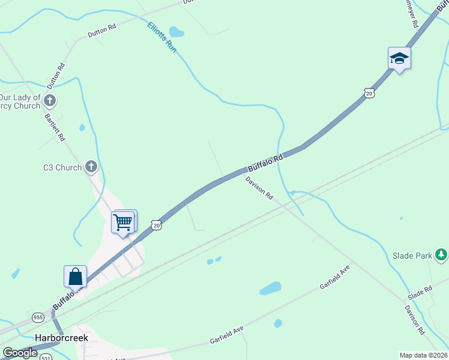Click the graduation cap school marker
(x=399, y=59)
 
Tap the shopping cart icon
(x=123, y=222)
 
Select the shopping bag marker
(x=75, y=277)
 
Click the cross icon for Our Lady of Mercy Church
(x=50, y=100)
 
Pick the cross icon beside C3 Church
(x=91, y=167)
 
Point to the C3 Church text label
(x=62, y=167)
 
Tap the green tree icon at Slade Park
(x=441, y=255)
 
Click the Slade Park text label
(x=412, y=256)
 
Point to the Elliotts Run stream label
(x=162, y=37)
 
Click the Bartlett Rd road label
(x=55, y=127)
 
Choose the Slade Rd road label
(x=420, y=293)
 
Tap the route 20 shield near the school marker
(x=369, y=93)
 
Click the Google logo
(x=20, y=353)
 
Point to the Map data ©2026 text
(x=424, y=355)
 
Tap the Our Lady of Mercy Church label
(x=20, y=101)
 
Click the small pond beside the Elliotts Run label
(x=176, y=31)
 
